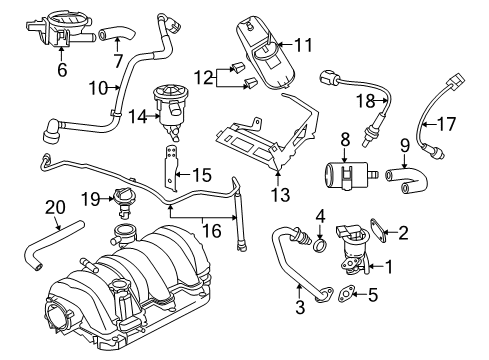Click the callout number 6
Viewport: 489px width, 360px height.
point(63,71)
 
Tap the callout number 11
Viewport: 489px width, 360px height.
point(302,43)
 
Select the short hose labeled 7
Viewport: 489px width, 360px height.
point(114,41)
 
